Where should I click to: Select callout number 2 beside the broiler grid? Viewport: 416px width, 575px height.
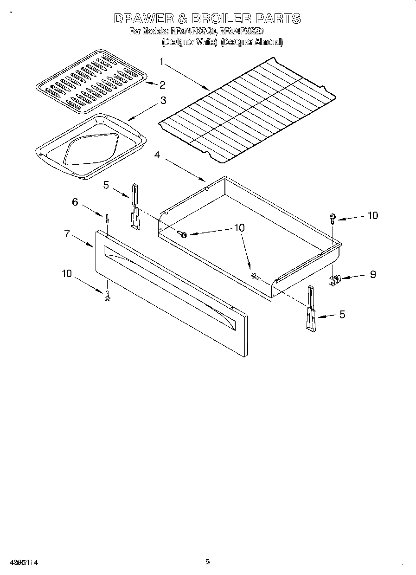click(162, 84)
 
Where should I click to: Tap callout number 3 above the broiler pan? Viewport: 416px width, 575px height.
click(163, 100)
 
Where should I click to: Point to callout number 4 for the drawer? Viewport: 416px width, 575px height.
click(157, 155)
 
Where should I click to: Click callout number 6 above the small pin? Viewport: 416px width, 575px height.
click(74, 202)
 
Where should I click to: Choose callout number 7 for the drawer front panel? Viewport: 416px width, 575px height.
click(67, 233)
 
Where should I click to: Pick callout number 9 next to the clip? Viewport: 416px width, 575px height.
click(372, 274)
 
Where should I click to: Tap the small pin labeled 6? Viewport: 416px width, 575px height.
click(107, 218)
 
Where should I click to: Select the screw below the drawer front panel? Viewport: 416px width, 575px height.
click(107, 295)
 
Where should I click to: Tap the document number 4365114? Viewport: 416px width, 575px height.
click(23, 562)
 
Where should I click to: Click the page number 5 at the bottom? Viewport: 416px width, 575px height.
click(208, 562)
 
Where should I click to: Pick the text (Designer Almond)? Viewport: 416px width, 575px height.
click(252, 42)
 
